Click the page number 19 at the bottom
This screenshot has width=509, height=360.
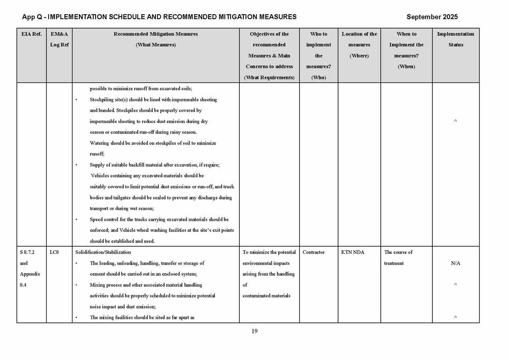[254, 331]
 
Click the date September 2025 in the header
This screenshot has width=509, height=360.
[431, 17]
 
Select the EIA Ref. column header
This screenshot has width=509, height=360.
[31, 34]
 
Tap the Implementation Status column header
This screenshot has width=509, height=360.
[456, 39]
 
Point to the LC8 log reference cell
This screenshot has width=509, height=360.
[53, 252]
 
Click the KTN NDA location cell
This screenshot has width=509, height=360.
[352, 252]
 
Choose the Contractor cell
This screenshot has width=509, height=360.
[314, 252]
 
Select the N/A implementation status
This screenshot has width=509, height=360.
[456, 263]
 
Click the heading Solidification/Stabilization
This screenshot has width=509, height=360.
[103, 252]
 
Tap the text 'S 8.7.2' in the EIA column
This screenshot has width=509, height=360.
[27, 252]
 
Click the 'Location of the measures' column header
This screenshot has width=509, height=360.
[359, 44]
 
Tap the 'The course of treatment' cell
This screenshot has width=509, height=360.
[398, 258]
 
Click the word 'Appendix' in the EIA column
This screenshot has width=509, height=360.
[30, 274]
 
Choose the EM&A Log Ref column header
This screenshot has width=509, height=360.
[59, 39]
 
